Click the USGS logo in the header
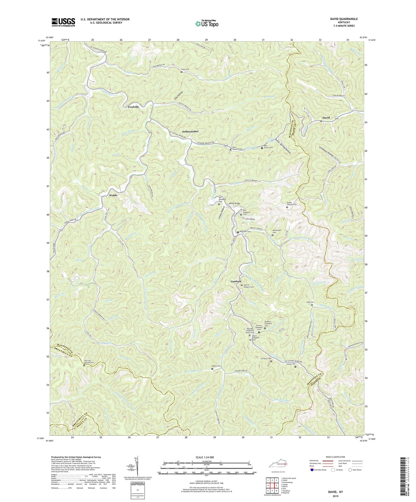click(63, 22)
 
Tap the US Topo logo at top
click(206, 23)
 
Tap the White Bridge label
click(234, 204)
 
